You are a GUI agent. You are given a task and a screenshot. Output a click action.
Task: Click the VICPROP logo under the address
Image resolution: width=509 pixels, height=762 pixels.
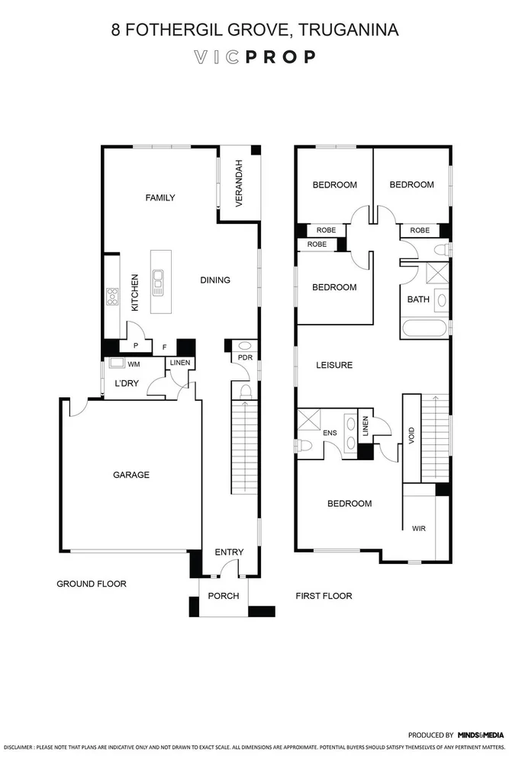tap(254, 57)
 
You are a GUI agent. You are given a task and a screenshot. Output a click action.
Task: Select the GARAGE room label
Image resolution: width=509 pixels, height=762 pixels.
tap(131, 475)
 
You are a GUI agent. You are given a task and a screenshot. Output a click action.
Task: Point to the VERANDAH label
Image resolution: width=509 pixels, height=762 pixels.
tap(239, 184)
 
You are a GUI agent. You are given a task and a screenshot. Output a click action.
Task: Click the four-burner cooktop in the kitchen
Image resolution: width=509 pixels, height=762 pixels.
tap(112, 296)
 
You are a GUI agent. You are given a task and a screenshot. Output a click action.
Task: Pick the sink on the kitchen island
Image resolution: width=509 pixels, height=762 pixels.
tap(158, 283)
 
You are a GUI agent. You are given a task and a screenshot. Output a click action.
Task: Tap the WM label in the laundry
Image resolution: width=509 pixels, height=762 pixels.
tap(134, 364)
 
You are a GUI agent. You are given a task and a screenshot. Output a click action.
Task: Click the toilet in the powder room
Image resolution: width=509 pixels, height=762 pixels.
tap(246, 392)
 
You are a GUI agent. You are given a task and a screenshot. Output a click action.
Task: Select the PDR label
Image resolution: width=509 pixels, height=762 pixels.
tap(245, 357)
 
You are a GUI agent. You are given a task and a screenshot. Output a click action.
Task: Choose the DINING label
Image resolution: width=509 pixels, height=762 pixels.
tap(214, 280)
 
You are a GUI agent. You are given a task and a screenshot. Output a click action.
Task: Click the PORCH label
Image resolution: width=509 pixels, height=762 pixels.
tap(224, 596)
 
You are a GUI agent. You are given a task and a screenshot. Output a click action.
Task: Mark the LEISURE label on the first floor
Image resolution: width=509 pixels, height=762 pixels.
tap(334, 365)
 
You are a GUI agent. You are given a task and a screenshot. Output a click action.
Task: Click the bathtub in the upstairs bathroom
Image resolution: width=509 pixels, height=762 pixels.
tap(424, 328)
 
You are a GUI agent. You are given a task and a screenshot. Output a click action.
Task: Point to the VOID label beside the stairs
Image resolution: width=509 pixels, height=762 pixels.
tap(412, 437)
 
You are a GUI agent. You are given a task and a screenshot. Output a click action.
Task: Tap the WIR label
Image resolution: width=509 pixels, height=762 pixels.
tap(418, 527)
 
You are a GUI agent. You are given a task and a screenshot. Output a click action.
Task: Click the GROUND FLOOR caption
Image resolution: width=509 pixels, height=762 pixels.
tap(91, 584)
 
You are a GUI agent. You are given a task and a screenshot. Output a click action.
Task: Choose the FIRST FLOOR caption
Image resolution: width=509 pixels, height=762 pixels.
tap(324, 596)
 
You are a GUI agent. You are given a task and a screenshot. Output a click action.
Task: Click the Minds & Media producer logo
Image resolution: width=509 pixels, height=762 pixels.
tap(481, 735)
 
